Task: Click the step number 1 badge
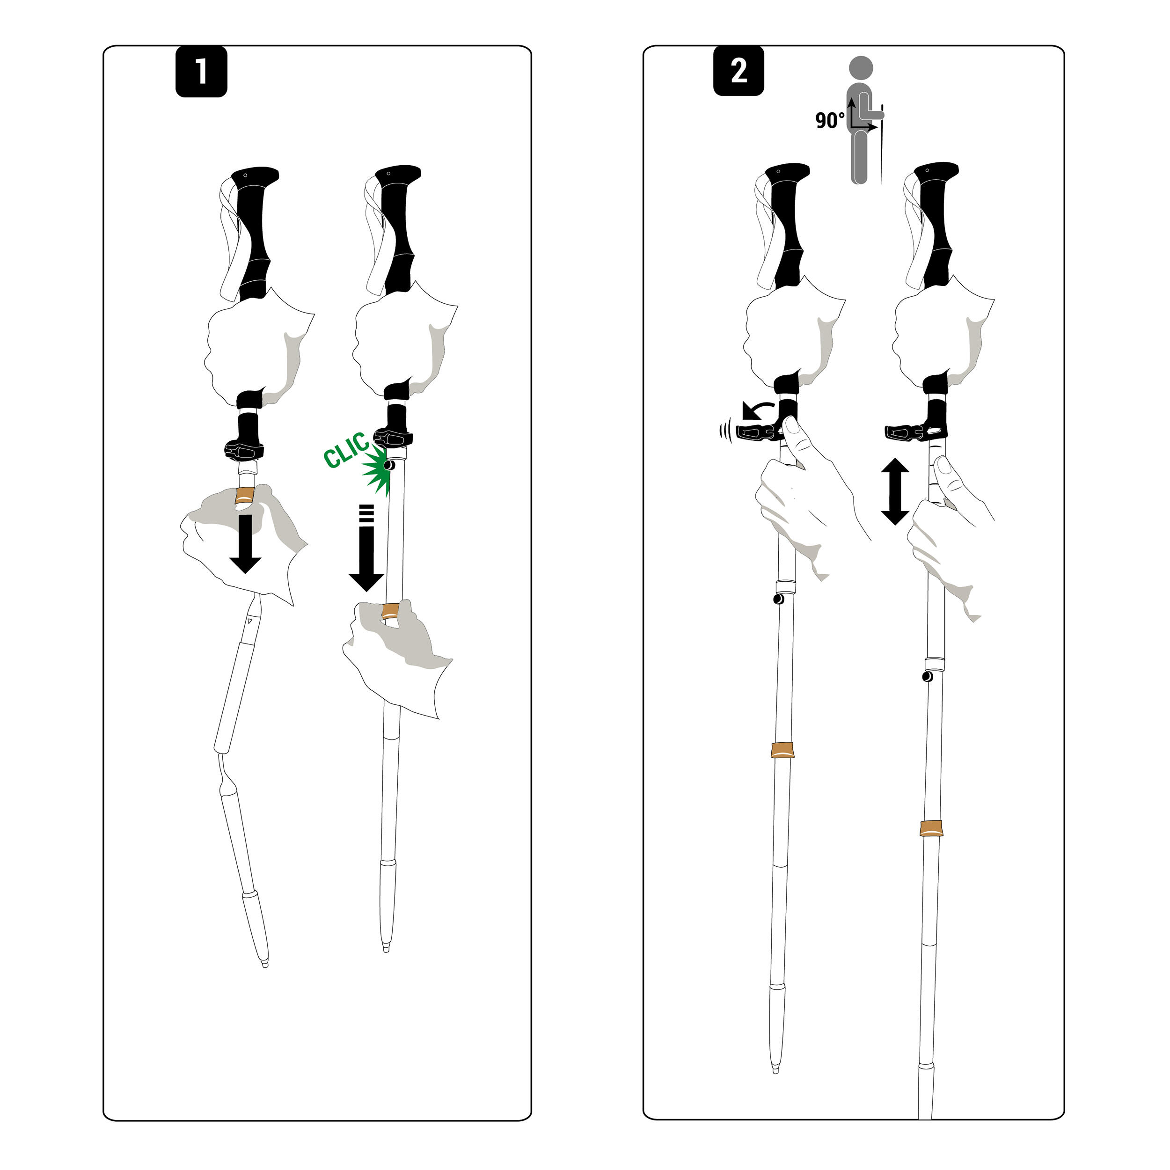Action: tap(201, 72)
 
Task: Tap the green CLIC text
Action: tap(345, 450)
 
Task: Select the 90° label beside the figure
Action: tap(829, 120)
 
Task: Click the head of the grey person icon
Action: tap(861, 68)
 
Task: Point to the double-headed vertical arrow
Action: tap(895, 491)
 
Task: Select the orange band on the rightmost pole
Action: tap(931, 828)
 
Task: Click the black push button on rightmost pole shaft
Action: tap(927, 676)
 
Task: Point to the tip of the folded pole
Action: tap(264, 963)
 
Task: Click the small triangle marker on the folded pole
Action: tap(249, 622)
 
